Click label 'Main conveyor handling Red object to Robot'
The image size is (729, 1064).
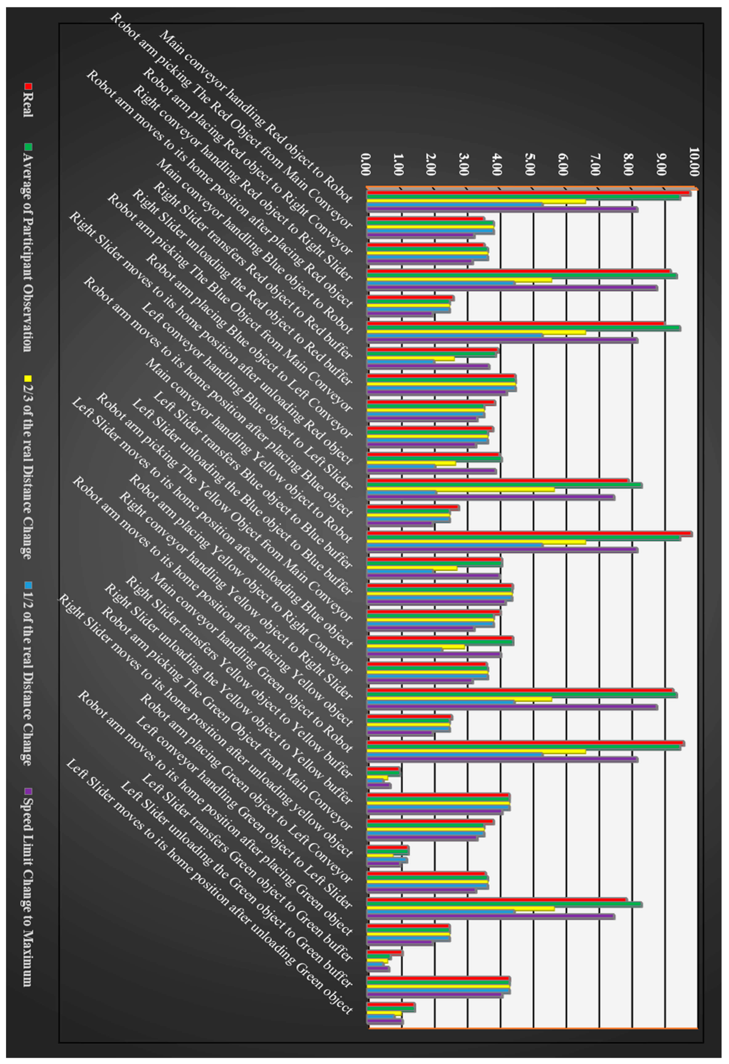coord(257,117)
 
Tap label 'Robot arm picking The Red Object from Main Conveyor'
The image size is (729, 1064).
coord(231,121)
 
